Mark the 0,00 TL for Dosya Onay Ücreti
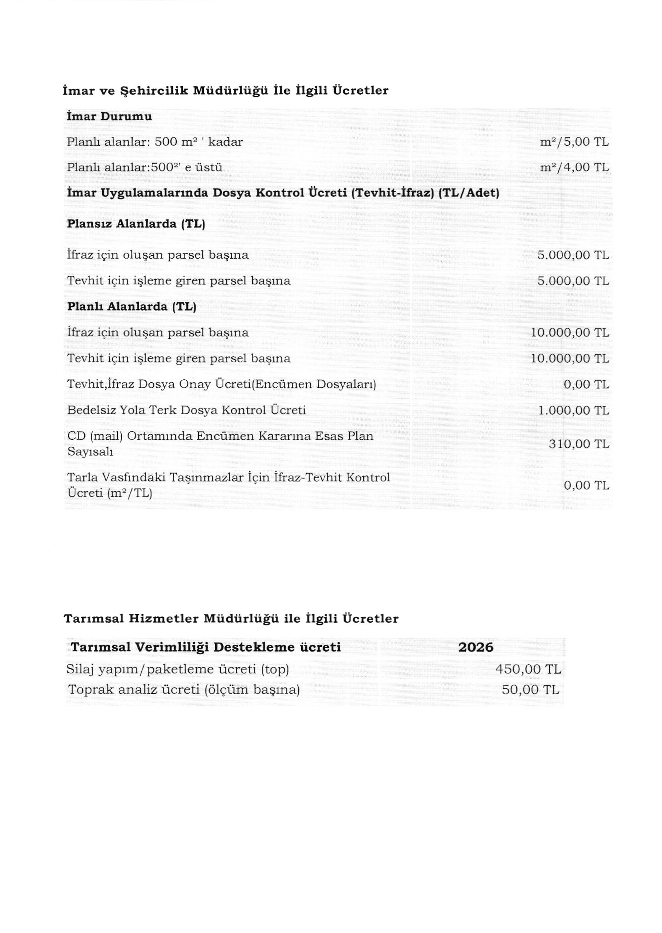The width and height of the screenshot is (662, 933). pos(587,384)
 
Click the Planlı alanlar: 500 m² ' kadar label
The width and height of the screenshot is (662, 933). pos(155,142)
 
